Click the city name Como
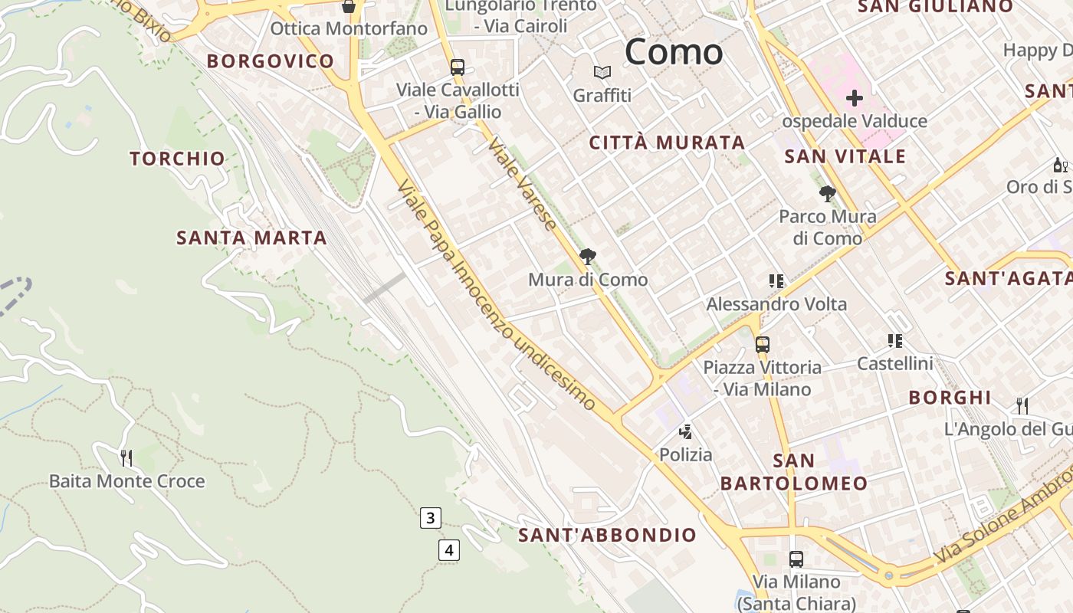tap(674, 52)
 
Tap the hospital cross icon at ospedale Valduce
tap(854, 98)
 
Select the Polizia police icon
tap(686, 432)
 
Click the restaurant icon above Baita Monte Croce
tap(126, 458)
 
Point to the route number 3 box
tap(430, 518)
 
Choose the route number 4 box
tap(449, 549)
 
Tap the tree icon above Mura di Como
tap(588, 257)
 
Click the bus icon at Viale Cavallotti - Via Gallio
tap(458, 67)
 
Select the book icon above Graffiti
tap(602, 73)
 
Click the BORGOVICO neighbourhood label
tap(271, 61)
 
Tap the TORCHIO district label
tap(177, 159)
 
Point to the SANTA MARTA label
tap(251, 238)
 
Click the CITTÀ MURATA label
tap(667, 143)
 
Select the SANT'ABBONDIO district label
tap(607, 535)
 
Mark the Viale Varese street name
tap(522, 185)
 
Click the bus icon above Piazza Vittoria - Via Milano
tap(762, 345)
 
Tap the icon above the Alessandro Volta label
tap(776, 281)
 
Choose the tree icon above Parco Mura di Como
tap(827, 193)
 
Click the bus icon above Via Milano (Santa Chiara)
tap(796, 559)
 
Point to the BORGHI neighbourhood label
tap(950, 398)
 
